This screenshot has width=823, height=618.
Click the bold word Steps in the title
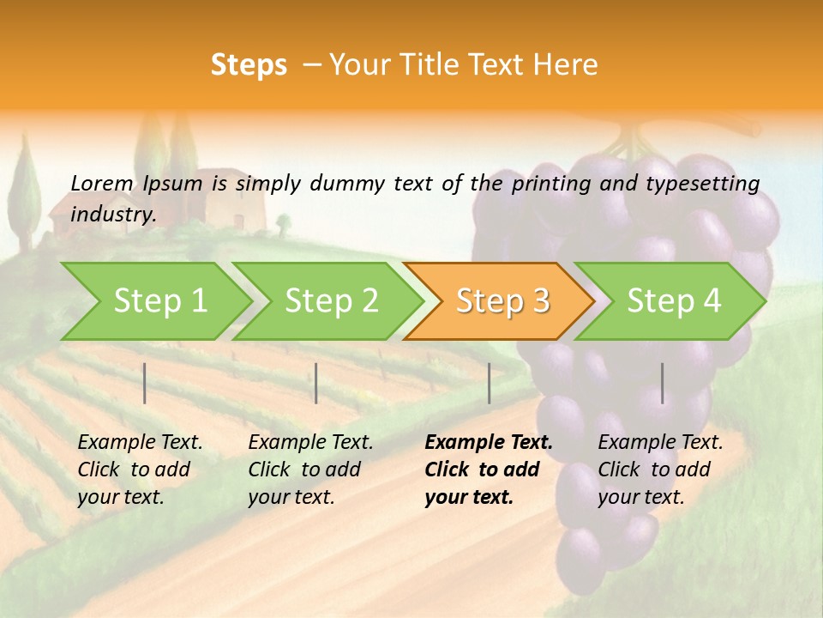249,65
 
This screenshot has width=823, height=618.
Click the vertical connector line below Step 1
145,383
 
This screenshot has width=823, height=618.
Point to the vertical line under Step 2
316,383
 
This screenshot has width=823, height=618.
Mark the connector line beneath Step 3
489,383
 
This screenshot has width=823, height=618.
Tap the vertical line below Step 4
662,383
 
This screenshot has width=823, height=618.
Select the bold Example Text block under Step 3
488,470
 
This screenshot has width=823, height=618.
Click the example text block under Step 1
140,470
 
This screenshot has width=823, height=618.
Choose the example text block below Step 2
310,470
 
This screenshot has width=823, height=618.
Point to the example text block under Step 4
660,470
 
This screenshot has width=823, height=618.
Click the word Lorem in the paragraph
102,183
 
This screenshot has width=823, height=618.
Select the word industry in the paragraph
112,215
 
